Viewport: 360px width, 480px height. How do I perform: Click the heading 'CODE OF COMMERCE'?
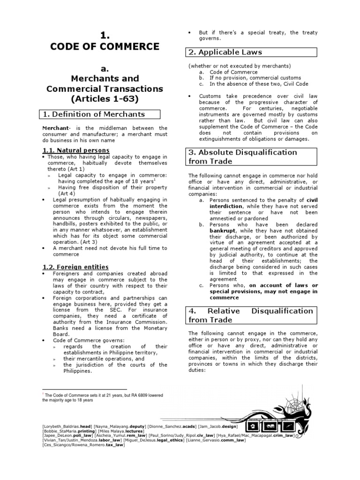(x=105, y=46)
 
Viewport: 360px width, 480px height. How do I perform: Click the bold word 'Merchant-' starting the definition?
(x=56, y=128)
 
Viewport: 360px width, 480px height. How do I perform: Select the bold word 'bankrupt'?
(x=223, y=231)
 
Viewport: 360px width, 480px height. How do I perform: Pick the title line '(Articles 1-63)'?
(x=105, y=99)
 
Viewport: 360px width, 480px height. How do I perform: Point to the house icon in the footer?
(x=253, y=426)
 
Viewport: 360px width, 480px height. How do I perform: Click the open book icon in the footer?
(x=271, y=426)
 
